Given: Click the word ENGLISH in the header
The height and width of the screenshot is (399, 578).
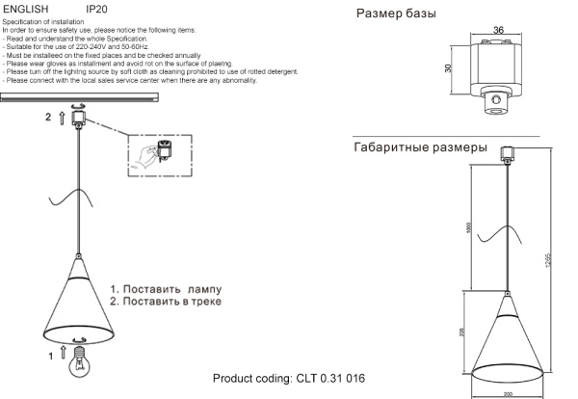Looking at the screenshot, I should click(25, 8).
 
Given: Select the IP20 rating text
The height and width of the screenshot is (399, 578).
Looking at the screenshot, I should click(97, 8).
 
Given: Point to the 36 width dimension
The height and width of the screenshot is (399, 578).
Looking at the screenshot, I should click(498, 30).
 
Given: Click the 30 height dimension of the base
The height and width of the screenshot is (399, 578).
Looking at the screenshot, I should click(449, 68).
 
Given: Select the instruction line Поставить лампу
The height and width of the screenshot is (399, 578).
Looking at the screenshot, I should click(165, 289).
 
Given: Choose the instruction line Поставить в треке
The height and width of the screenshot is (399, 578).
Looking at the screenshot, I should click(165, 302).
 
